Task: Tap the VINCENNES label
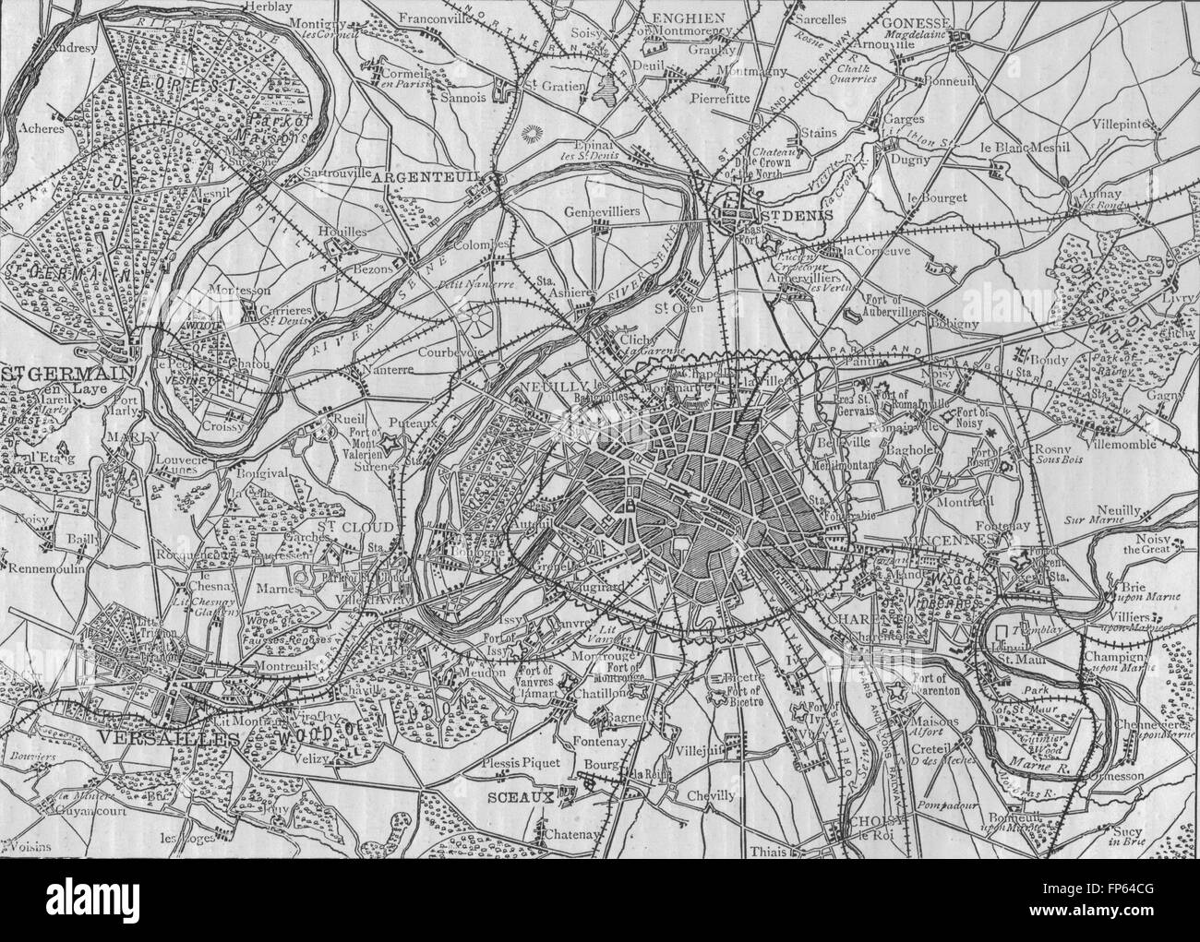tap(925, 538)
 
